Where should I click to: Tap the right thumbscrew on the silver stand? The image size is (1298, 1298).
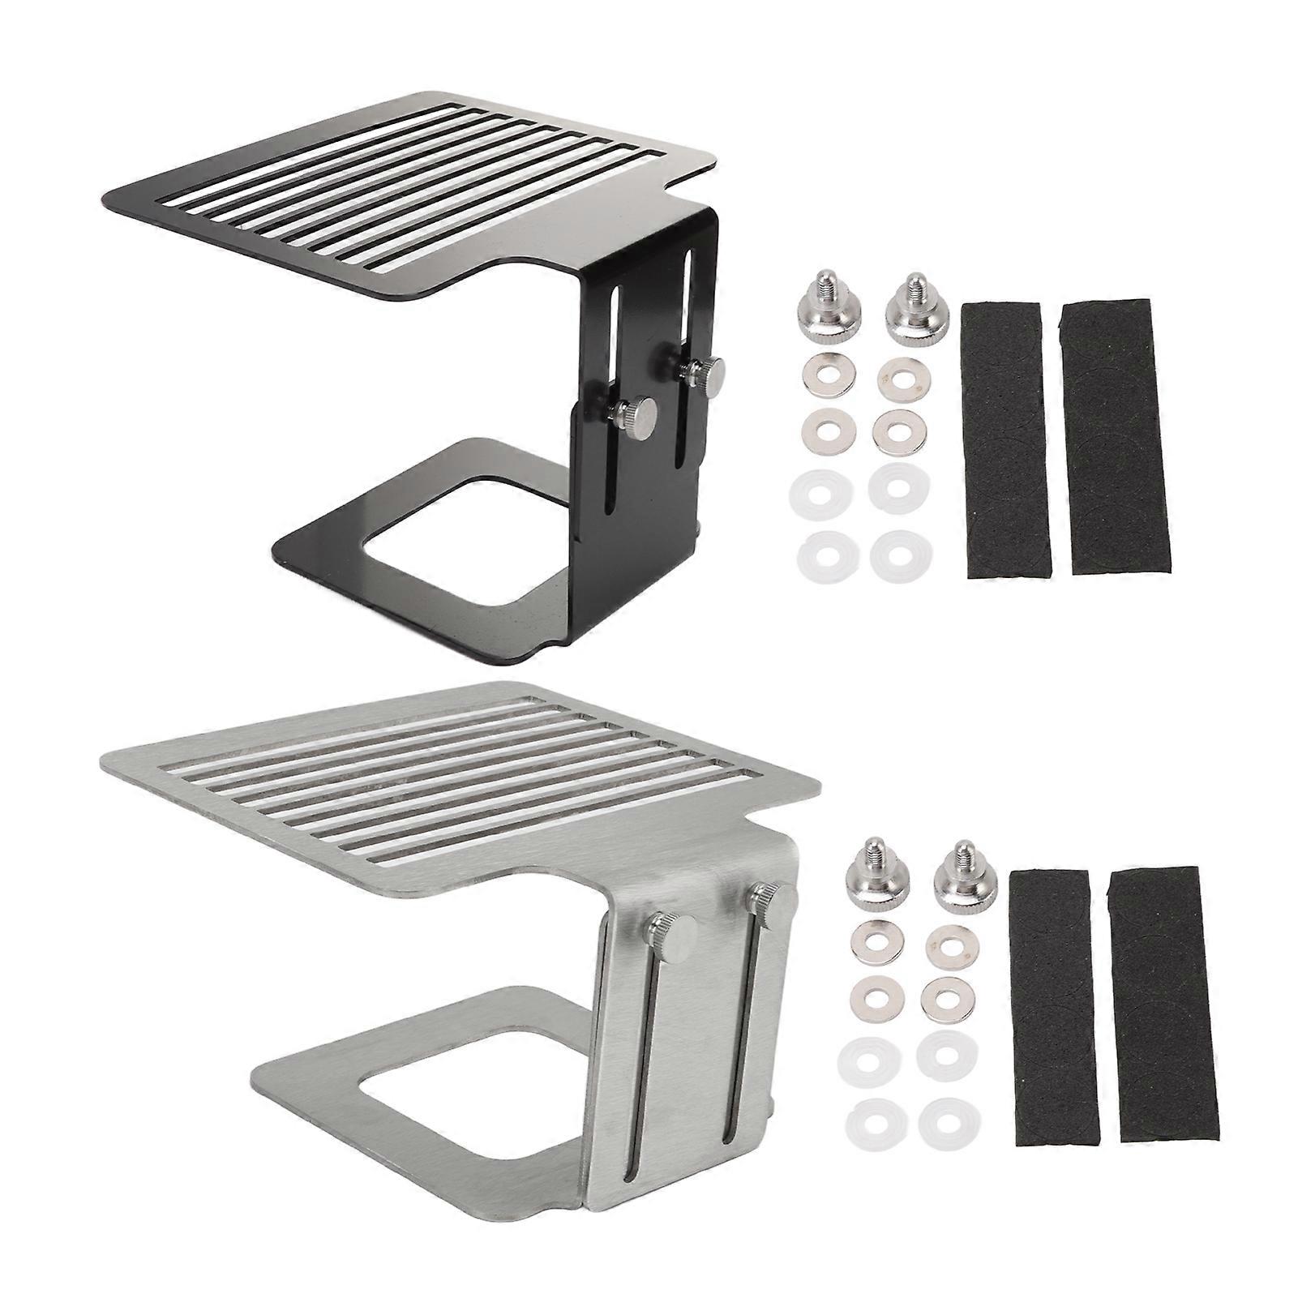(770, 898)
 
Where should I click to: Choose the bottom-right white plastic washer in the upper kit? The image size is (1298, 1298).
(899, 556)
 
